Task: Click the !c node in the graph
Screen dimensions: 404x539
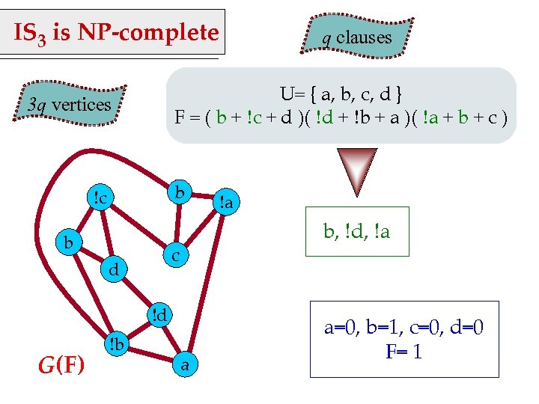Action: [100, 198]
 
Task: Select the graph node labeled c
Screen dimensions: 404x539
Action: [174, 256]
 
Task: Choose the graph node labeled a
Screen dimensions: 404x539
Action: [186, 364]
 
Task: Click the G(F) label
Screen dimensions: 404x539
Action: [61, 364]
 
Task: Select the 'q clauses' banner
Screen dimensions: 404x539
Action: [357, 37]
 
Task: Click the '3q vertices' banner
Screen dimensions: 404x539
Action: [70, 105]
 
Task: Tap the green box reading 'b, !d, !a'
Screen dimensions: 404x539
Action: [357, 232]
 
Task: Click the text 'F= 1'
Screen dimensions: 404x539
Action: [404, 350]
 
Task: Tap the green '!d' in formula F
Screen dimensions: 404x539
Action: [323, 117]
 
